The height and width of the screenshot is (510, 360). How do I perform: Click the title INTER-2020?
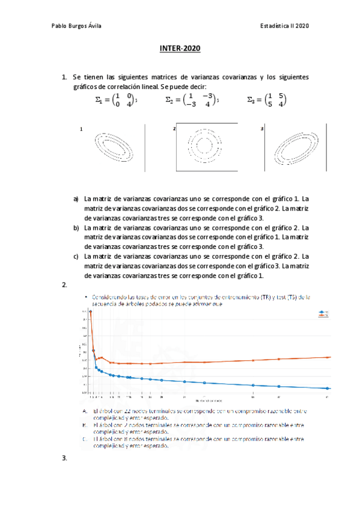pos(180,49)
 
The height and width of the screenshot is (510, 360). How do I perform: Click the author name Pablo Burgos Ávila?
pos(78,26)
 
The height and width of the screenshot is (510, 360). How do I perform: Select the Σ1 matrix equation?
pos(118,100)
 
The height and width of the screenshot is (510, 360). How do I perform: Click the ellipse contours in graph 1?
pos(115,147)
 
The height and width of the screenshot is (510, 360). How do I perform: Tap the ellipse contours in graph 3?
pos(294,148)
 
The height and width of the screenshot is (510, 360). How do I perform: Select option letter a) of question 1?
pos(76,198)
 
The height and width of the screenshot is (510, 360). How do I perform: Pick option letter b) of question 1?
pos(76,228)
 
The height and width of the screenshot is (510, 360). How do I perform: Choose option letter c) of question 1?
pos(76,257)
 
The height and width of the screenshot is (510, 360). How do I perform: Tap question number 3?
pos(64,458)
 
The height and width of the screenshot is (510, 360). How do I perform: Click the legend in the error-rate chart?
pos(325,313)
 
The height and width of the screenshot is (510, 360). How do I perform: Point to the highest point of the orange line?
pos(91,312)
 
